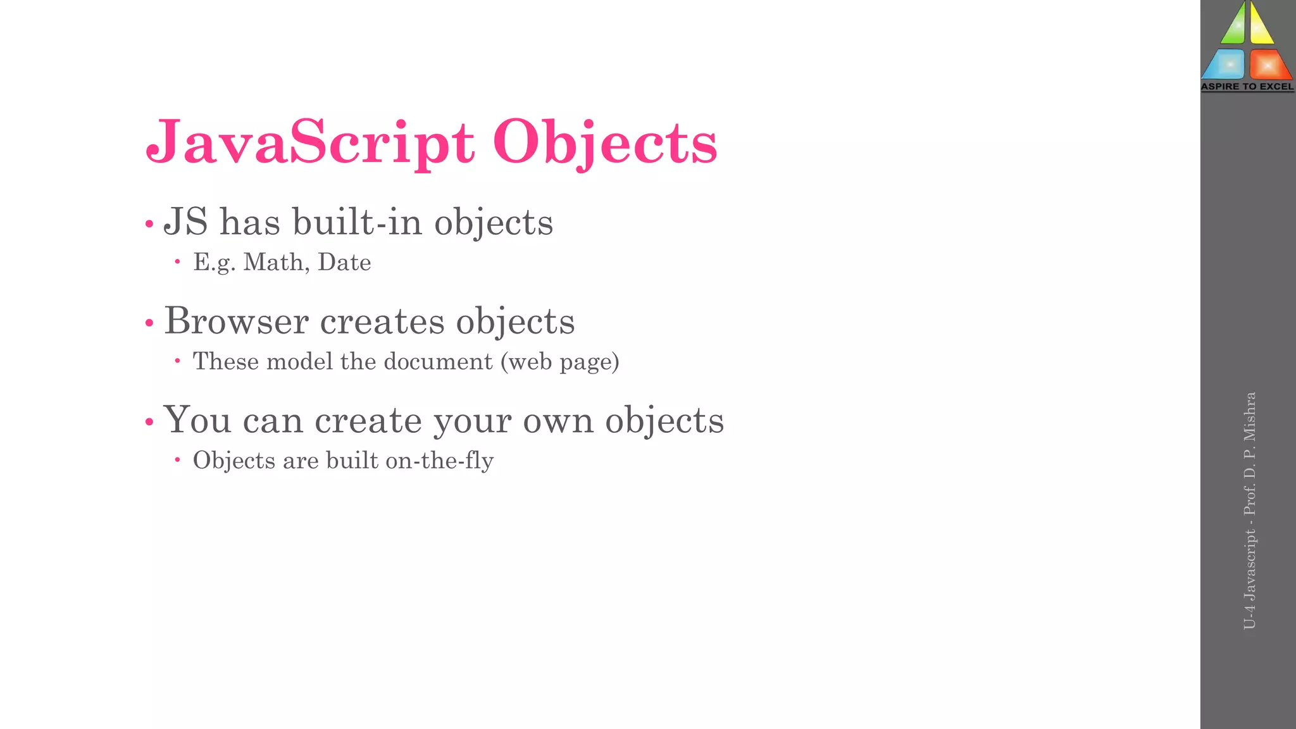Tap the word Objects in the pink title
click(605, 143)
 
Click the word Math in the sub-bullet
click(276, 262)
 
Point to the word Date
click(344, 262)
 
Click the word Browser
click(236, 321)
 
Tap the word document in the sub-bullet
click(438, 361)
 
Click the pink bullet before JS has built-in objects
click(149, 224)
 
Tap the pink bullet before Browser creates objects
click(149, 323)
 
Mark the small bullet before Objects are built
click(178, 460)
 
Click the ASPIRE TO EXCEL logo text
click(1247, 87)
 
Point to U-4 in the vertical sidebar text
click(1250, 618)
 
